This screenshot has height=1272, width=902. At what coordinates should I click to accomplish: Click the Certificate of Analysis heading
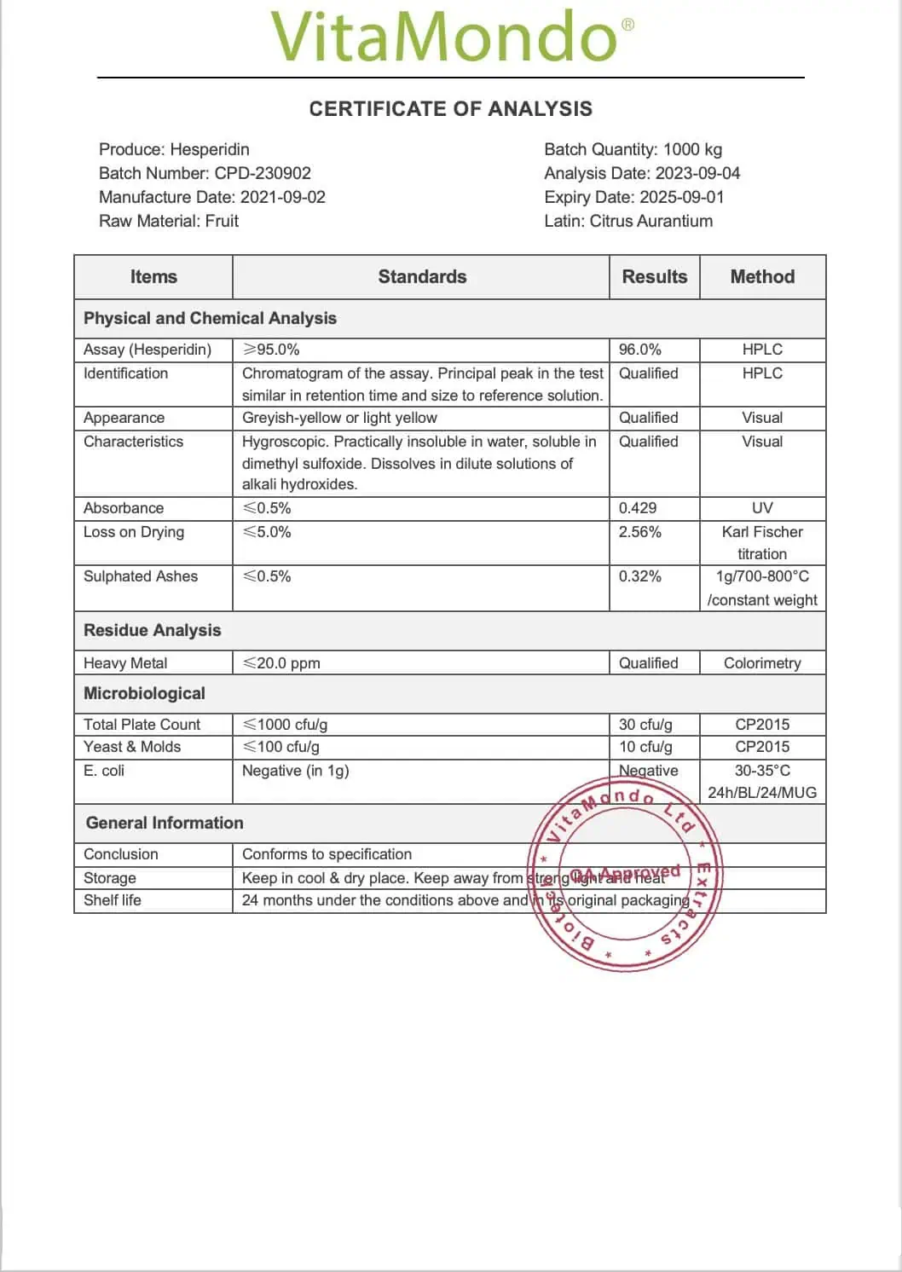[450, 109]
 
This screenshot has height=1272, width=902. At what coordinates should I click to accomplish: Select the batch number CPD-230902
[263, 173]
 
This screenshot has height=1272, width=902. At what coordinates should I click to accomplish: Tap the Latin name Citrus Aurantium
[650, 221]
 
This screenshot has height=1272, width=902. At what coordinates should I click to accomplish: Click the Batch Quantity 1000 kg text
[633, 149]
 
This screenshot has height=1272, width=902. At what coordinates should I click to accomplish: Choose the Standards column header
[422, 277]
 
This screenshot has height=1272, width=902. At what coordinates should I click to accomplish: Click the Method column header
[762, 277]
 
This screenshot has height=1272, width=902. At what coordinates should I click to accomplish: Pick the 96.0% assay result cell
[640, 350]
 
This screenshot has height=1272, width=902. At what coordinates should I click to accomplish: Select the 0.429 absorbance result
[638, 508]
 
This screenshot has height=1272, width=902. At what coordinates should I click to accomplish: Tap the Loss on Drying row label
[134, 532]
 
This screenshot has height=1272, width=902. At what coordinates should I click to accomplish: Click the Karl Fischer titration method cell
[762, 542]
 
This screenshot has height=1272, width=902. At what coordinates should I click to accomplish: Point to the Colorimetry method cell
[762, 663]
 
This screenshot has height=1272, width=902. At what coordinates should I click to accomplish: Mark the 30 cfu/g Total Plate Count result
[645, 725]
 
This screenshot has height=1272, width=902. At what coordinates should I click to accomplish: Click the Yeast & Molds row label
[132, 747]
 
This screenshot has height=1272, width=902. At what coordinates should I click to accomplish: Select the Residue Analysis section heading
[153, 631]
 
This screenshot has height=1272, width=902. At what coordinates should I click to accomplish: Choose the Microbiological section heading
[145, 694]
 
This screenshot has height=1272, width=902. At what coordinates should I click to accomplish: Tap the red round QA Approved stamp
[625, 875]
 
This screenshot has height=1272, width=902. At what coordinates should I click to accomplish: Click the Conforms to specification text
[327, 854]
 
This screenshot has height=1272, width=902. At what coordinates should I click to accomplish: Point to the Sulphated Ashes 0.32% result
[640, 576]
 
